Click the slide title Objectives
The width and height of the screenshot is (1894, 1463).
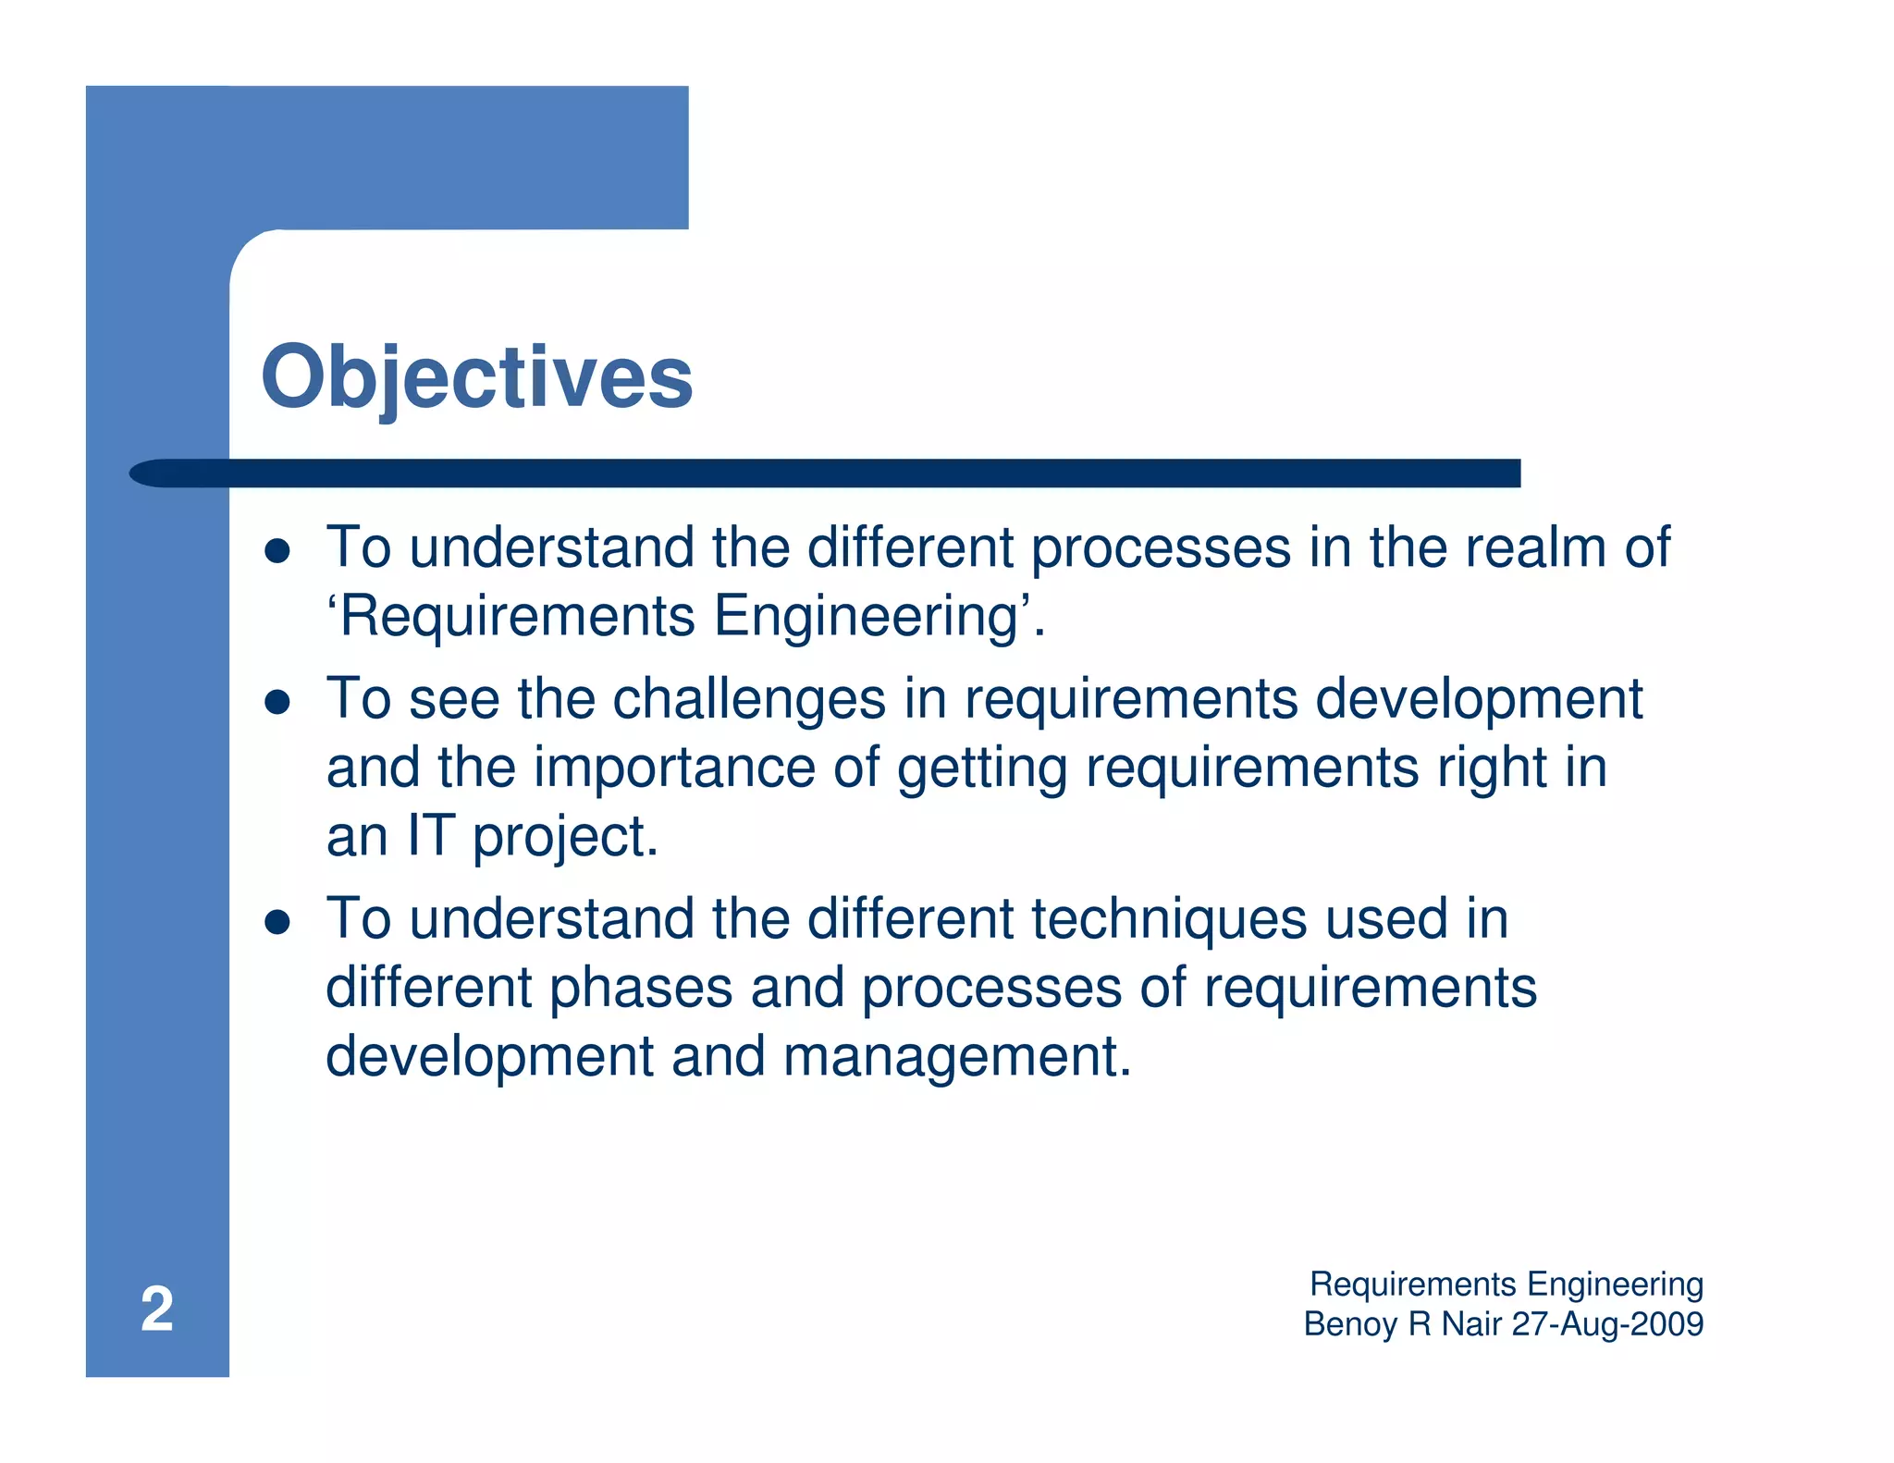click(x=476, y=377)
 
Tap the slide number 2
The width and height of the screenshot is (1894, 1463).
click(x=156, y=1309)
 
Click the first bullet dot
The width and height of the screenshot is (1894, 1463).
click(x=277, y=551)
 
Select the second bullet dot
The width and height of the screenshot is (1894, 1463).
click(x=277, y=702)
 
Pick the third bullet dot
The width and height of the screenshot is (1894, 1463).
click(x=277, y=922)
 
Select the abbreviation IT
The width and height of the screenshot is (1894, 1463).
click(x=431, y=836)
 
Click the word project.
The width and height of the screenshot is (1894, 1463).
click(x=565, y=838)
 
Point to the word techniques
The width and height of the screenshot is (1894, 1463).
click(x=1169, y=919)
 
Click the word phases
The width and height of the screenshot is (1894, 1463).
click(x=641, y=989)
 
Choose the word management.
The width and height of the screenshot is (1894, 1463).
click(x=956, y=1057)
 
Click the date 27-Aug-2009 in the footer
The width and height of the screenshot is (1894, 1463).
click(x=1607, y=1324)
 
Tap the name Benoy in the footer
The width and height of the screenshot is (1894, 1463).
click(x=1350, y=1324)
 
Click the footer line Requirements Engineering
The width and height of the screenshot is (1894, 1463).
click(x=1507, y=1285)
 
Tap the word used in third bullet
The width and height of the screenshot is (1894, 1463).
click(x=1385, y=919)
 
